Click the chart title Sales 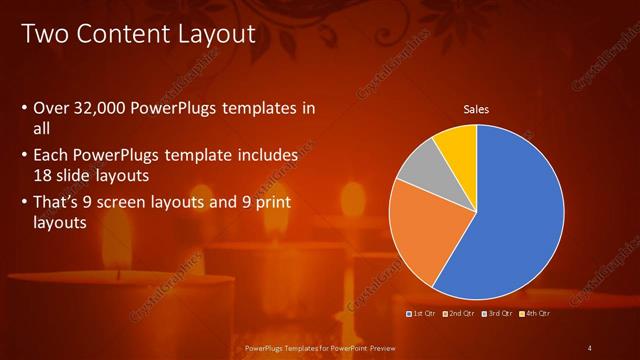pyautogui.click(x=475, y=109)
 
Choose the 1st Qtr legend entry pyautogui.click(x=420, y=314)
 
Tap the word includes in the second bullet pyautogui.click(x=265, y=156)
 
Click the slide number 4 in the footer pyautogui.click(x=590, y=347)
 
